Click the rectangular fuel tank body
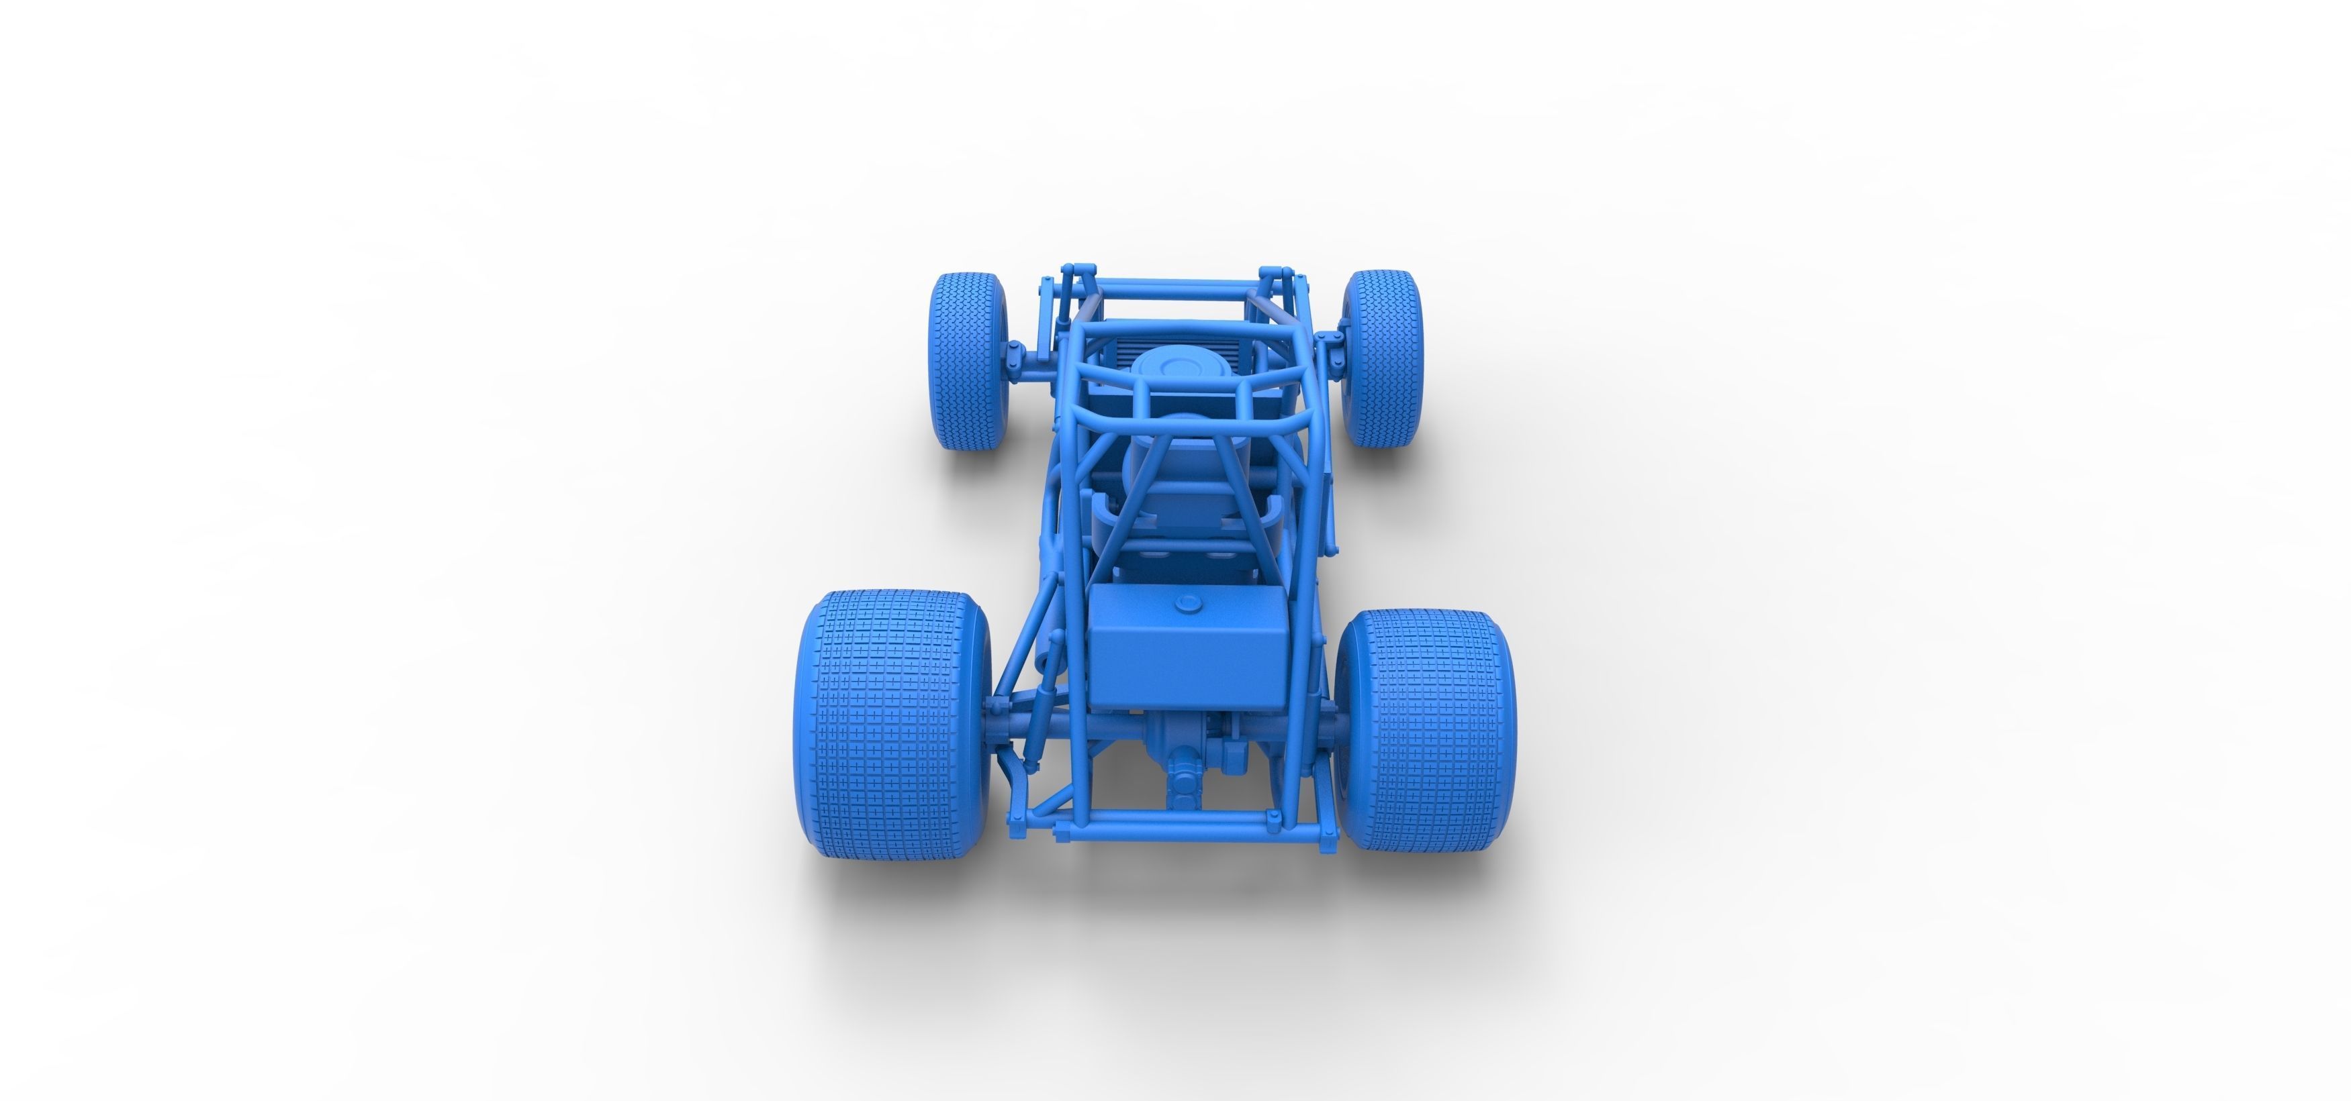(x=1187, y=657)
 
